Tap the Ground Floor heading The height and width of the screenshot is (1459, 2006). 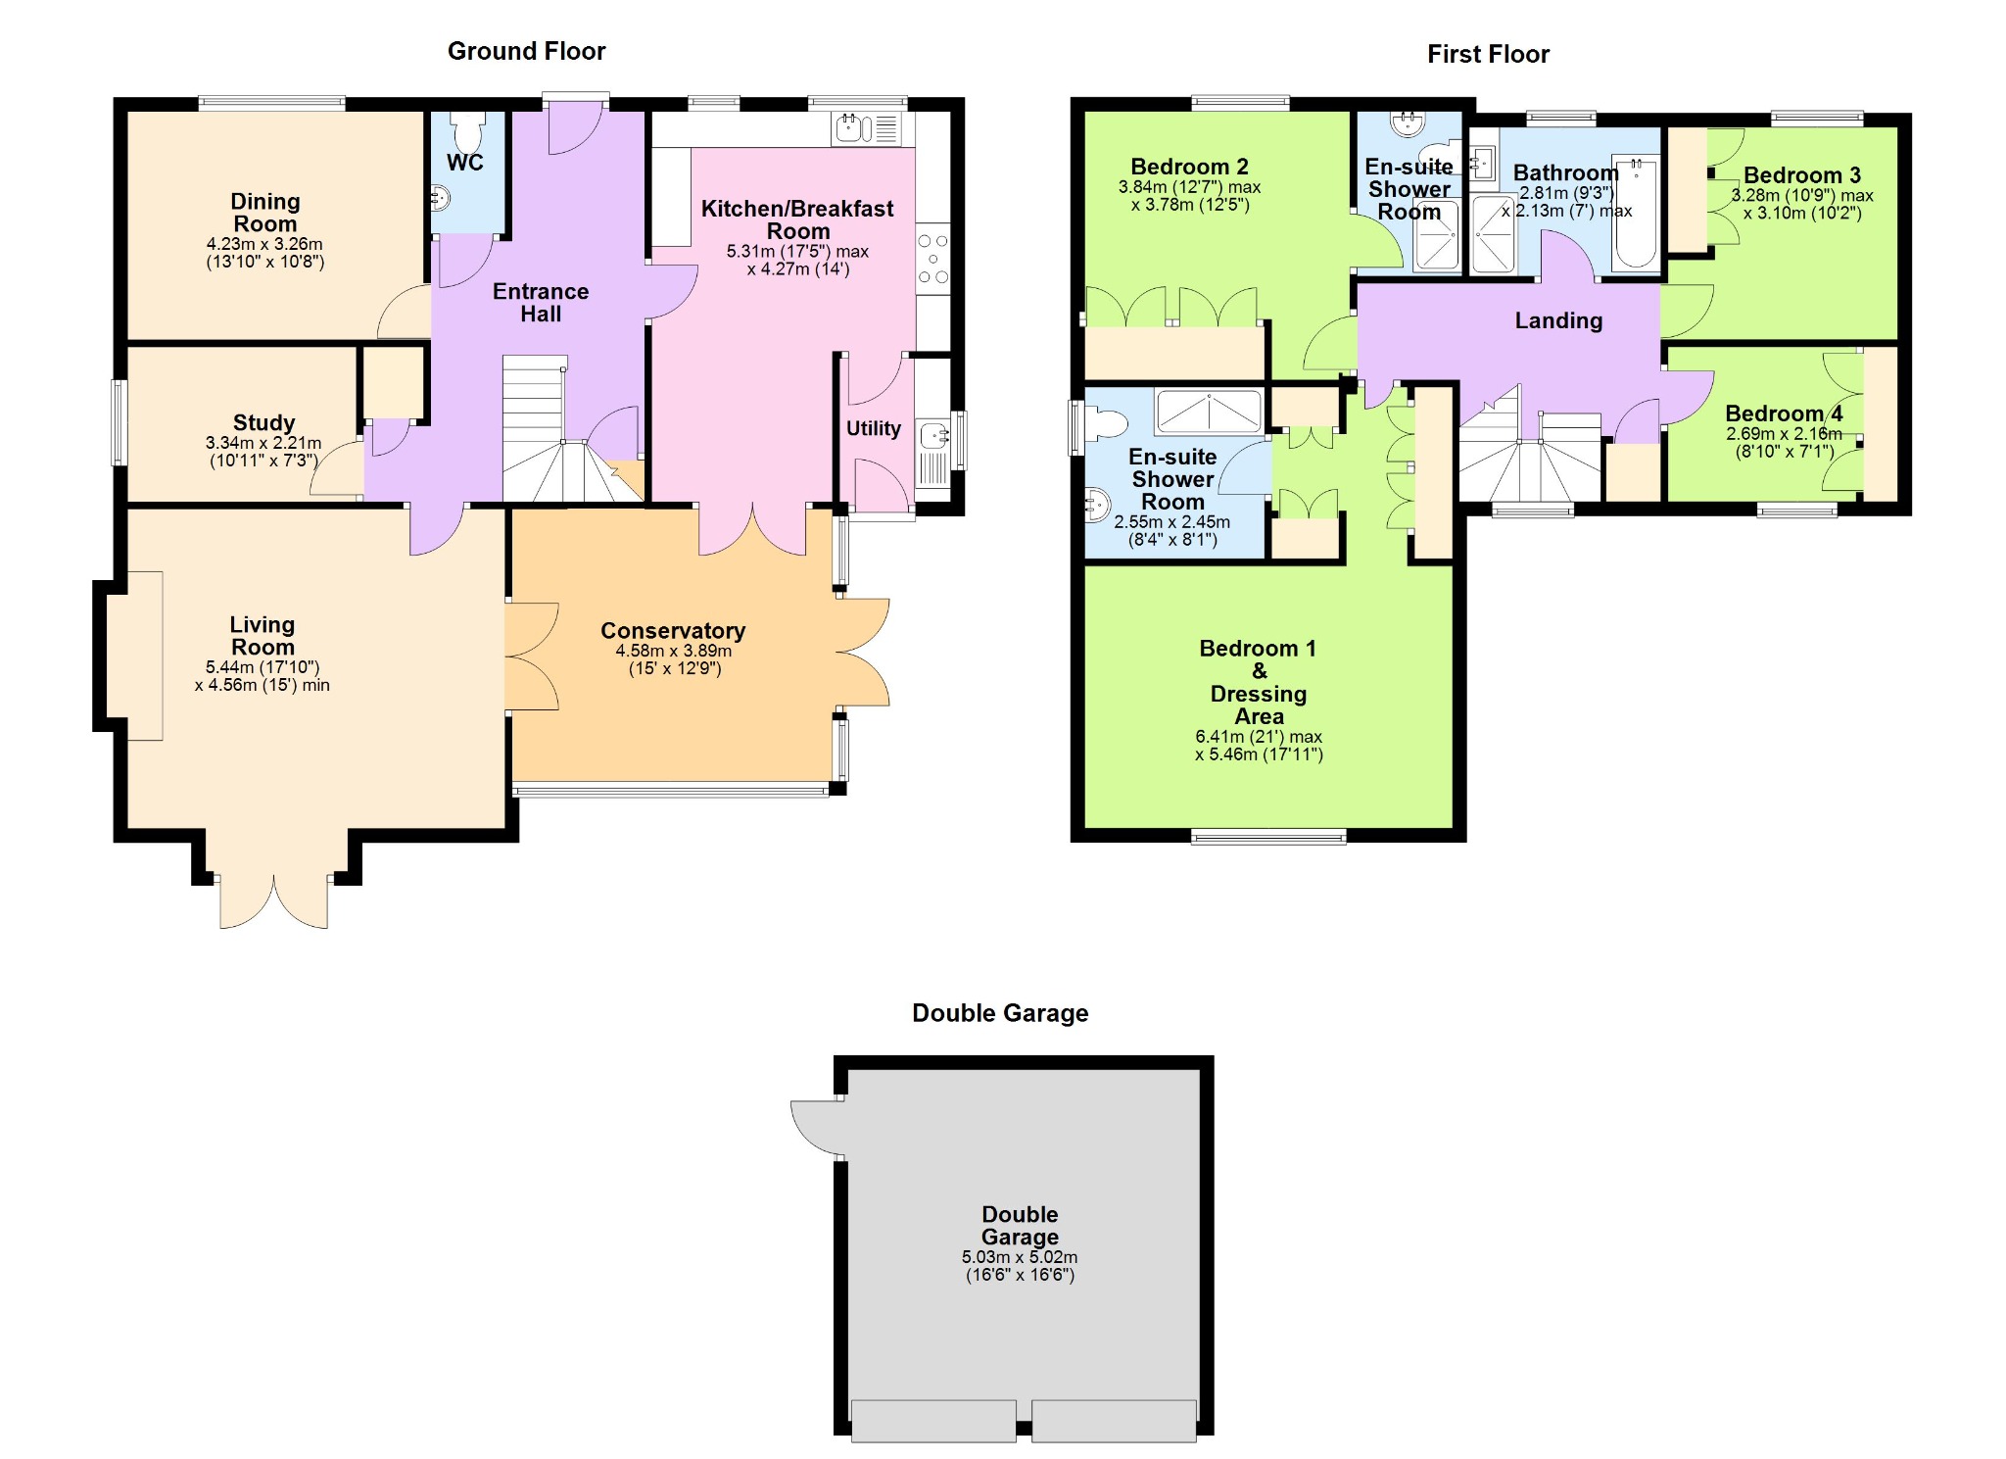(x=527, y=51)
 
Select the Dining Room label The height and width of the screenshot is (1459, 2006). (x=264, y=213)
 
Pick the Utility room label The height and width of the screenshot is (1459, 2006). (x=874, y=428)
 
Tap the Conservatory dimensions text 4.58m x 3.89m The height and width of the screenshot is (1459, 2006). (x=674, y=651)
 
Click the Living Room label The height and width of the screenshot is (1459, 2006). (x=263, y=636)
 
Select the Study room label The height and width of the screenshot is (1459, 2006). (x=264, y=422)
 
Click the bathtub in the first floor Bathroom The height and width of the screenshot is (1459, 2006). (x=1635, y=211)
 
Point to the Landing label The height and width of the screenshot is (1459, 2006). (x=1558, y=320)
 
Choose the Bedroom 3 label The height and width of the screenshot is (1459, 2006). (x=1802, y=175)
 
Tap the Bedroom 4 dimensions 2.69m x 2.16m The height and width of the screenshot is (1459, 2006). (x=1784, y=434)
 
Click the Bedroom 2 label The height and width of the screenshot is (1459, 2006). (x=1189, y=167)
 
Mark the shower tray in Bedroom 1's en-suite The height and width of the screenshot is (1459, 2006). (x=1209, y=412)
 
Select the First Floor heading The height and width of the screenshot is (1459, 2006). (x=1488, y=54)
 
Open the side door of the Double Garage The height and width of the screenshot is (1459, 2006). (x=817, y=1128)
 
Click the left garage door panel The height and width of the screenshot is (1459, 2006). (x=933, y=1421)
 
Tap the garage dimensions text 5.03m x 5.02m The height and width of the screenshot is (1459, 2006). (x=1020, y=1257)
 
